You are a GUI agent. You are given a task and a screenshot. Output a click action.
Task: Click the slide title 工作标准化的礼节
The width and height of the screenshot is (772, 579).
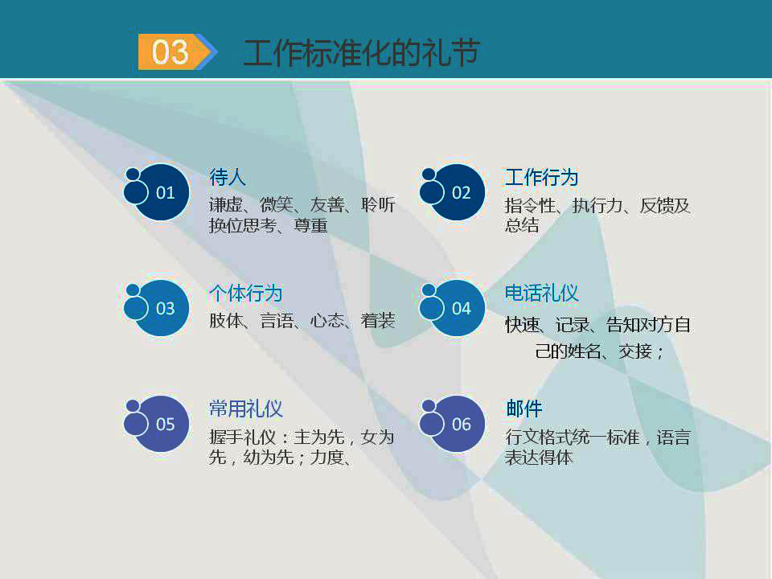tap(361, 53)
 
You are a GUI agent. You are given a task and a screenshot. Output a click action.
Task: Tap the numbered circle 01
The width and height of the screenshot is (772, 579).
tap(163, 193)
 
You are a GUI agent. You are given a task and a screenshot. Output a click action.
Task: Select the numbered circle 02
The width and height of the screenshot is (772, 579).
tap(459, 193)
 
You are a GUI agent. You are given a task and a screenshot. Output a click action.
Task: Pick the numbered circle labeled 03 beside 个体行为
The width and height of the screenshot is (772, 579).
tap(163, 309)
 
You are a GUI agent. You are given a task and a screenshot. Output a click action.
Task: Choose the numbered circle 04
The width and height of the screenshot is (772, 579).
tap(459, 309)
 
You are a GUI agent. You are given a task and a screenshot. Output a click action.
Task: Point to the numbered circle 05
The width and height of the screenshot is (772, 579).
tap(163, 425)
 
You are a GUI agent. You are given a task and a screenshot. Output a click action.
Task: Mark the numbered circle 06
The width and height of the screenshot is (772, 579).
tap(459, 425)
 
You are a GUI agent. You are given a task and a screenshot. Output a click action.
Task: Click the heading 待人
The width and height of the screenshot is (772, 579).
tap(228, 177)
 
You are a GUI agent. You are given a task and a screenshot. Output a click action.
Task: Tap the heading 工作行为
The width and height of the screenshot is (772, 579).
tap(541, 177)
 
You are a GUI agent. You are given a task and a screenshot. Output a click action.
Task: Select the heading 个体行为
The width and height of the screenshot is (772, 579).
tap(245, 293)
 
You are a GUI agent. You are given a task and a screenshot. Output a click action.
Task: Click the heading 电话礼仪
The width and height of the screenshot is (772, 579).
tap(541, 293)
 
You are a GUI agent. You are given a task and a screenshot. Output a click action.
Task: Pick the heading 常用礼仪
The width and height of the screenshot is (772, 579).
tap(245, 409)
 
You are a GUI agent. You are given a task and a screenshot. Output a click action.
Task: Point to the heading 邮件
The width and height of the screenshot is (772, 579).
tap(524, 409)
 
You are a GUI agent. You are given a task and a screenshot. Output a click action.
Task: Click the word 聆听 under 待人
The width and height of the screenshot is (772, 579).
tap(378, 205)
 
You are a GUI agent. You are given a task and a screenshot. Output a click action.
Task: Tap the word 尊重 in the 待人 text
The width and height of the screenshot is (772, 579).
tap(310, 226)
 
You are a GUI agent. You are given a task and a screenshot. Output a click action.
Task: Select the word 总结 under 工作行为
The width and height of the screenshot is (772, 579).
tap(522, 226)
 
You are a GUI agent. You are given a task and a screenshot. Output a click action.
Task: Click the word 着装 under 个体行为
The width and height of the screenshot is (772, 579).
tap(378, 321)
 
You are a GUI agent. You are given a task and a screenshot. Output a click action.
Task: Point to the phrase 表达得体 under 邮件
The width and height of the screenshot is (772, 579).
tap(539, 458)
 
